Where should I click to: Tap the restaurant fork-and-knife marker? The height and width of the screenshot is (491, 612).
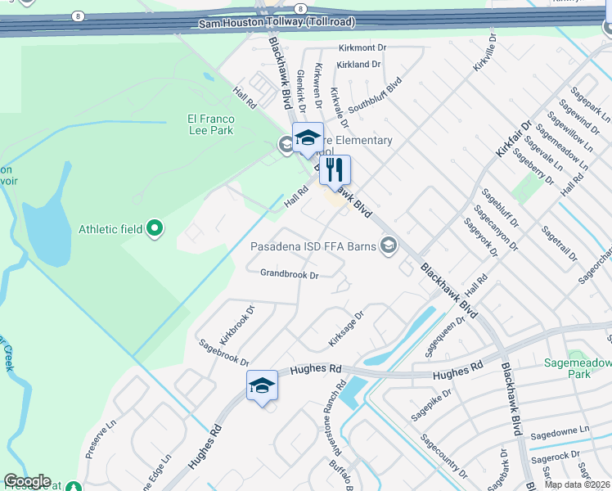[335, 170]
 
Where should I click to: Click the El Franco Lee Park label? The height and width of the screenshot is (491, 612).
[211, 124]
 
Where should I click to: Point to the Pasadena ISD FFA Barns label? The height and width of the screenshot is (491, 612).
[313, 245]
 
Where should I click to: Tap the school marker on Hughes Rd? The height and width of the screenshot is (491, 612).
[263, 386]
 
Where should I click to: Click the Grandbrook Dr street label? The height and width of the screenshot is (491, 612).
[289, 274]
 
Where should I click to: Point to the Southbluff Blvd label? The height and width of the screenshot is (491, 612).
[374, 97]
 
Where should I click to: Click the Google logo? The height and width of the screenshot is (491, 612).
[27, 482]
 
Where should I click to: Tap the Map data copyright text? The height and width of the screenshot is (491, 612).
[577, 484]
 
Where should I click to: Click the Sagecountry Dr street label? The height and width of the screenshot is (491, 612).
[443, 457]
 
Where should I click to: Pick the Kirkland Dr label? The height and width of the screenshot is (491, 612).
[358, 64]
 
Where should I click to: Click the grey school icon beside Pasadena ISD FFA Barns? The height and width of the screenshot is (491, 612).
[389, 245]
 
